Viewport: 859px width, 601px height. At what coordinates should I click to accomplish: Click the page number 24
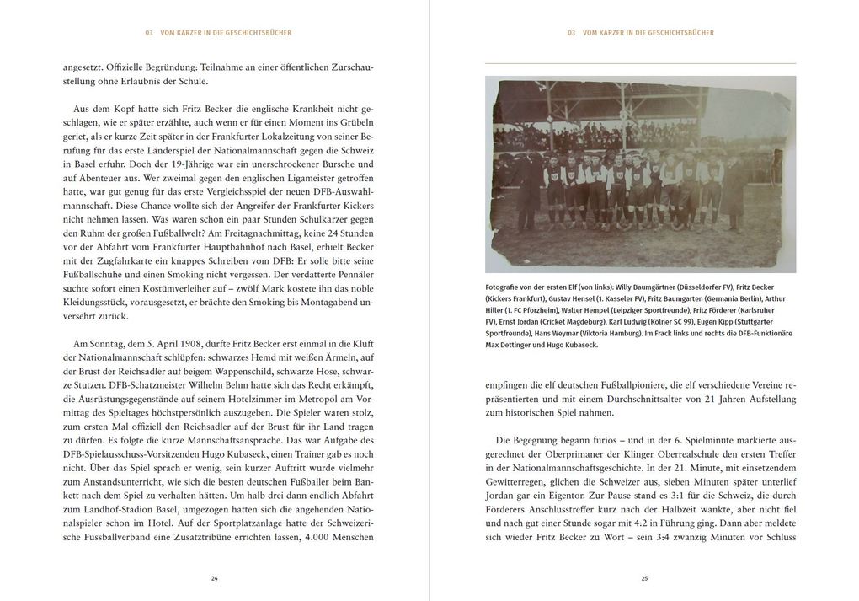coord(215,578)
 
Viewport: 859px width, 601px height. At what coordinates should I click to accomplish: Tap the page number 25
coord(644,578)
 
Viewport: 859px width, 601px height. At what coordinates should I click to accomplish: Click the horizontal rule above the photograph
coord(640,64)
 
